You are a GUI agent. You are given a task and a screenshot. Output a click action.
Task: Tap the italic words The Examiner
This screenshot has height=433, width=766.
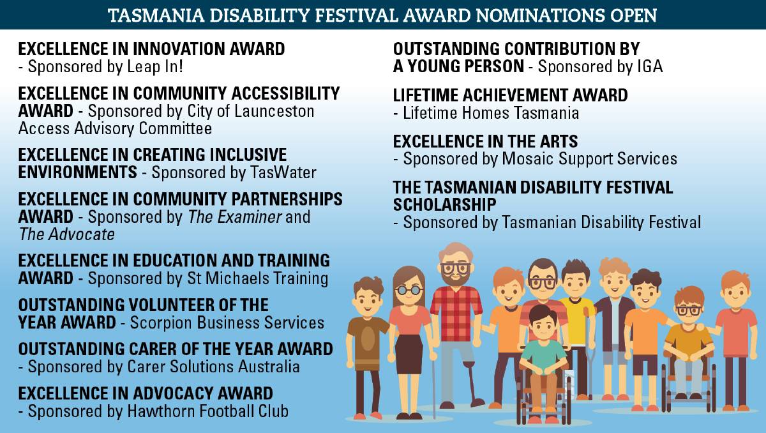(x=235, y=217)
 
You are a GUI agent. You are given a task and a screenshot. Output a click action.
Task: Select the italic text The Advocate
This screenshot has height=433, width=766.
(x=66, y=234)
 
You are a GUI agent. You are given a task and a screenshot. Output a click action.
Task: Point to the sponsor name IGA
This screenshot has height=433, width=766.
(x=650, y=66)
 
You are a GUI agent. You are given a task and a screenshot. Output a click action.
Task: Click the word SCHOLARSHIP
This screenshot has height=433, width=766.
(x=444, y=204)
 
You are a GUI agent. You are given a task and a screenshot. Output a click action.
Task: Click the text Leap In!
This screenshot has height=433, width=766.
(x=155, y=66)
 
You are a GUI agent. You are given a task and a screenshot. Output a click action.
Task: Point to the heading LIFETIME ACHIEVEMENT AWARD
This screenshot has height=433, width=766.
(x=510, y=95)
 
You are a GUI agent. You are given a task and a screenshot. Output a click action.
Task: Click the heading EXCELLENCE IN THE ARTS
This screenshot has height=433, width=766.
(x=485, y=141)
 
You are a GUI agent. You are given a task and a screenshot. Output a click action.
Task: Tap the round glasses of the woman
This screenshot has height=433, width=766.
(x=409, y=291)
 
